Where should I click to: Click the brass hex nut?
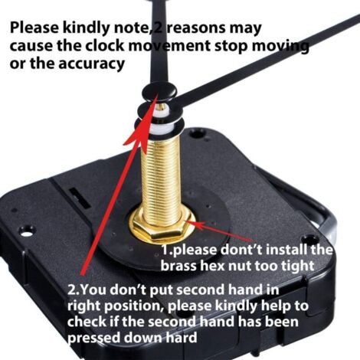tap(162, 226)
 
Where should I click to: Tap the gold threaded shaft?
tap(162, 176)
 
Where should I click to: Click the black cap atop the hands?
tap(160, 92)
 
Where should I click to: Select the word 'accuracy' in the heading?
tap(92, 64)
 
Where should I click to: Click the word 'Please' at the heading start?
tap(34, 28)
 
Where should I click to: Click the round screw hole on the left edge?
tap(25, 234)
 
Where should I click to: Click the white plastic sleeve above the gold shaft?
tap(162, 127)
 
